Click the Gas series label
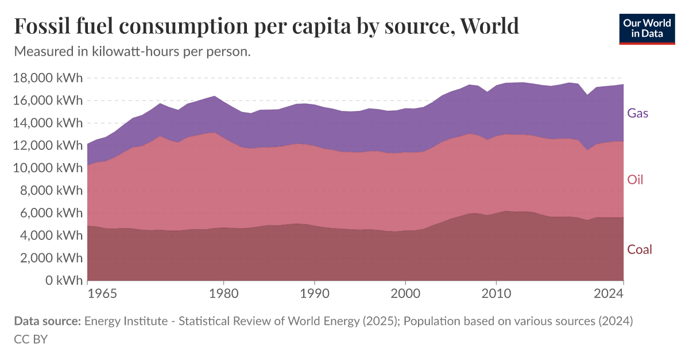pos(637,113)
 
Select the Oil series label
pos(635,180)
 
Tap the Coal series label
pos(639,249)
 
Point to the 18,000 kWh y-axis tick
pos(48,78)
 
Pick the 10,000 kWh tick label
pos(48,168)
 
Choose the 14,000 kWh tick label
pos(48,123)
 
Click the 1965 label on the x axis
pos(103,293)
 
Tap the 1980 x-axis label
pos(223,293)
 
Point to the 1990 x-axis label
pos(314,293)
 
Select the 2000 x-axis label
pos(405,293)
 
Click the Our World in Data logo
pos(647,28)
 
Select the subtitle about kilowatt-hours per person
pos(132,52)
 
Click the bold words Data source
pos(47,322)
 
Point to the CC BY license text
pos(30,339)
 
